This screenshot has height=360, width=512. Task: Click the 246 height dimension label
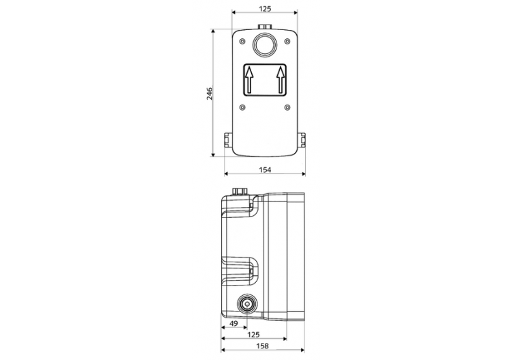coord(210,94)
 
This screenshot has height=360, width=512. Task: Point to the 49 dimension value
coord(233,324)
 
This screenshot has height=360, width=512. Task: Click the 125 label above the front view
coord(265,8)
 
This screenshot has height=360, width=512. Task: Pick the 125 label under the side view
coord(253,335)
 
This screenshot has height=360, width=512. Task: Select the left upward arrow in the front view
coord(249,81)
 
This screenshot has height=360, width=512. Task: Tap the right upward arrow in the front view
coord(281,81)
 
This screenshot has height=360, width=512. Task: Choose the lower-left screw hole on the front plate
coord(242,106)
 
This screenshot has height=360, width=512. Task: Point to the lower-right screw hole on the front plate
coord(287,106)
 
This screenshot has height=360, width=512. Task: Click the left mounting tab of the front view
coord(227,141)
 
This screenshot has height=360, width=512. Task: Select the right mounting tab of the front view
coord(302,141)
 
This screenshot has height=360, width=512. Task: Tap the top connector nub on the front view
coord(264,28)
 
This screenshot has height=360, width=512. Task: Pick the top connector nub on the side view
coord(240,191)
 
